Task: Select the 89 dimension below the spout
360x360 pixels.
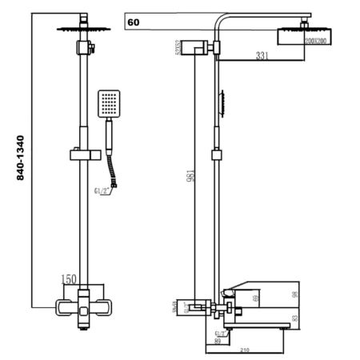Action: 218,342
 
